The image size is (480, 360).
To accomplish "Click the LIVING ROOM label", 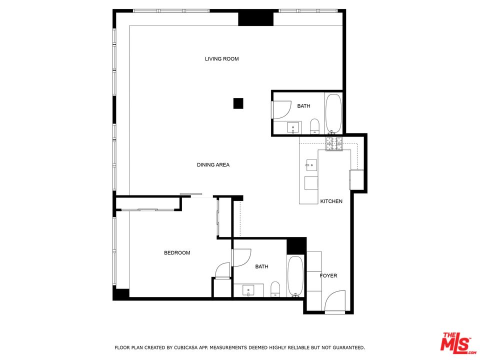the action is pos(221,59).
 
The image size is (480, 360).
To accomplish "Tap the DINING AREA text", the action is pos(213,164).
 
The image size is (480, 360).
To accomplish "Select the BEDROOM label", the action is pos(177,252).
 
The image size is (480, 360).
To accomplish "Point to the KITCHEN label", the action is pos(331,201).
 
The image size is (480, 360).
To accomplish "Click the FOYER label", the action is pos(328,275).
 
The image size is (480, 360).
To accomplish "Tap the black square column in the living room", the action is pos(238,103).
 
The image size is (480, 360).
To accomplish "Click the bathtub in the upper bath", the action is pos(333,113).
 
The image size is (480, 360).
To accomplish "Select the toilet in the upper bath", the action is pos(314,126).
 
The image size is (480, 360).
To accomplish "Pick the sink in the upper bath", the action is pos(293,127).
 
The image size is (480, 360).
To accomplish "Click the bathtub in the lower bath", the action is pos(295,276).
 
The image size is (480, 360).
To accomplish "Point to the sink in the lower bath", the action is pos(248,290).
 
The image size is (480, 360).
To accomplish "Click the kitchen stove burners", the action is pos(334,144).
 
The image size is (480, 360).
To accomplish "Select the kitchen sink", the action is pos(311,165).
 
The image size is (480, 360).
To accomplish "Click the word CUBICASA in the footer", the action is pos(186,347).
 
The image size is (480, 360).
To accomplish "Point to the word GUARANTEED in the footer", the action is pos(348,347).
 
